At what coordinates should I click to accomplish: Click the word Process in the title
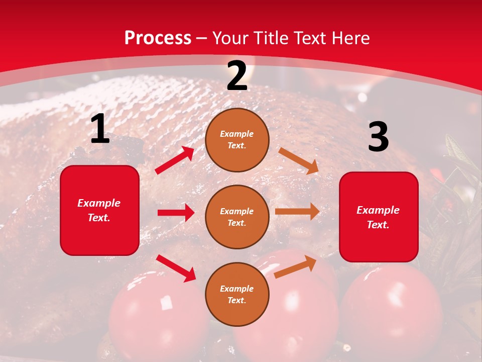(158, 38)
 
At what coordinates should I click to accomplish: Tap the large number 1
(100, 129)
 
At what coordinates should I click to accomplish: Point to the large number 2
(237, 76)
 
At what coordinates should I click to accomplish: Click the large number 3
(378, 137)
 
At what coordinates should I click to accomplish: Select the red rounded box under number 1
(99, 210)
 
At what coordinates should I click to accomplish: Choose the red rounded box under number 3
(379, 217)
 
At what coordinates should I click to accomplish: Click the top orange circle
(237, 140)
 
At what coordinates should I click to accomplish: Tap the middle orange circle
(237, 217)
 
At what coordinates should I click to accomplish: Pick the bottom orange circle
(237, 294)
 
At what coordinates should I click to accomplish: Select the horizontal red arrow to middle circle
(176, 213)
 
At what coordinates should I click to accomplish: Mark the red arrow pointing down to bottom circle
(176, 268)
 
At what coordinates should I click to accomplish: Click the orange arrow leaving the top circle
(298, 160)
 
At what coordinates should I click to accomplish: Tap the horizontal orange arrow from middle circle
(297, 212)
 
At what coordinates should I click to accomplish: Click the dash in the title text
(202, 39)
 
